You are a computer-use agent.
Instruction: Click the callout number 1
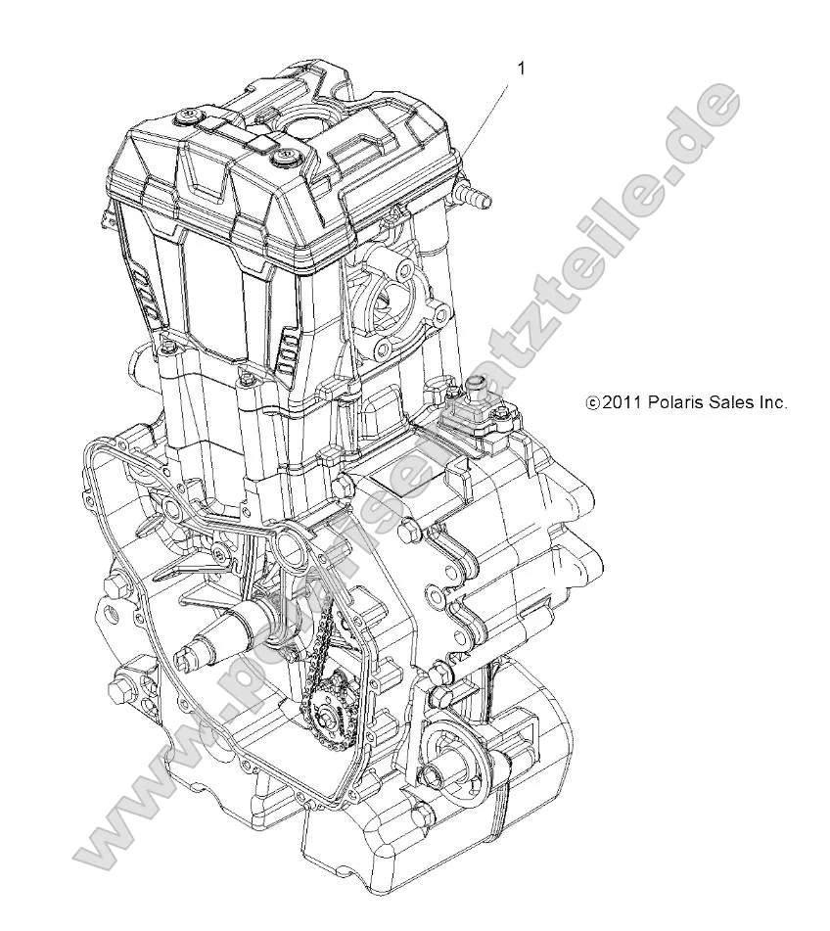(x=521, y=68)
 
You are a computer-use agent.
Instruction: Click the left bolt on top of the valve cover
(x=185, y=118)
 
